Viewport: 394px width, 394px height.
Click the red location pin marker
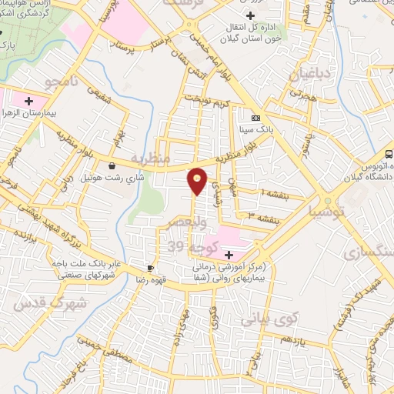(x=198, y=181)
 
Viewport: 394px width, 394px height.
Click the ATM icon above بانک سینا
(x=255, y=117)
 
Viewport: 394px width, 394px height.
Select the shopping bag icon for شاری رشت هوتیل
(x=112, y=165)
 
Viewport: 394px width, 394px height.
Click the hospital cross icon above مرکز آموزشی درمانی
(x=229, y=255)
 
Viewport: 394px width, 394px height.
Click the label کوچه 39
(x=187, y=245)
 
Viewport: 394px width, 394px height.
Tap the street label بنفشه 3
(x=262, y=215)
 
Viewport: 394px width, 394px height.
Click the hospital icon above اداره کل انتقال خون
(x=249, y=16)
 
